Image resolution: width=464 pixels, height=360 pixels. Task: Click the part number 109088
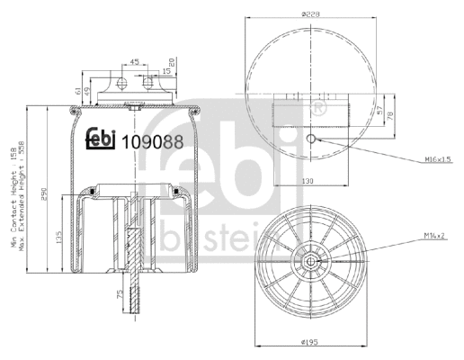coord(146,140)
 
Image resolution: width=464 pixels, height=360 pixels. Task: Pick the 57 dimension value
coord(380,115)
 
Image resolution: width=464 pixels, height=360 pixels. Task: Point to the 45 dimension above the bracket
coord(134,63)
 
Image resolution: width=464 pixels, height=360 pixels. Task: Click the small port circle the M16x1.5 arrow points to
coord(309,139)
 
